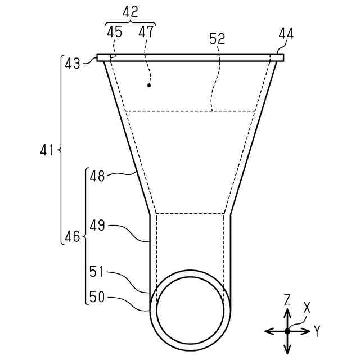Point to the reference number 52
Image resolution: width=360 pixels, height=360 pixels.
[217, 39]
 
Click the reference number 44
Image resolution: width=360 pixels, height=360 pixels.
[286, 34]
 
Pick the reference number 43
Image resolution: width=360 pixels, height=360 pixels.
[73, 64]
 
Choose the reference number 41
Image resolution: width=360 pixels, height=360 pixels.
[47, 150]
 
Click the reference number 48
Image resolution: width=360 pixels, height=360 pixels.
[97, 176]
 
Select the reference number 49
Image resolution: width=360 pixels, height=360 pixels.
[97, 225]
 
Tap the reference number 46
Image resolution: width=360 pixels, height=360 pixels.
[73, 236]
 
